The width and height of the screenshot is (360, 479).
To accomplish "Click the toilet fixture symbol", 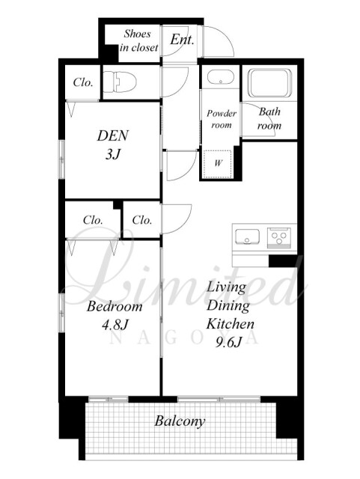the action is tap(120, 82).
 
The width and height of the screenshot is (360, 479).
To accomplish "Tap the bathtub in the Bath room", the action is tap(269, 83).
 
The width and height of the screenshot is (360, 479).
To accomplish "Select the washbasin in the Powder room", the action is tap(220, 77).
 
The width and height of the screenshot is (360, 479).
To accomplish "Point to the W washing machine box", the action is tap(218, 163).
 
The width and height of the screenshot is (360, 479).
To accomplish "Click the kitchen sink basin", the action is tap(247, 237).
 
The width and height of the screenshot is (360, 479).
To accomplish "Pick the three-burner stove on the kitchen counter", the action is tap(279, 238).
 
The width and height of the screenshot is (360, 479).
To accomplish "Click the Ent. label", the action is tap(182, 40).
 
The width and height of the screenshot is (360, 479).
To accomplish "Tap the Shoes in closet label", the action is tap(138, 40).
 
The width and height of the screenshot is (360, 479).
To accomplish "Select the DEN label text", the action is tap(113, 135).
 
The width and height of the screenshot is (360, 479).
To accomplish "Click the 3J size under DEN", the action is tap(113, 155).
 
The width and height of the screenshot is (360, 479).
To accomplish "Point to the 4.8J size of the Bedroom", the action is tap(115, 325).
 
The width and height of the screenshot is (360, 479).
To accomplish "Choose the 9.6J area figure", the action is tap(229, 343).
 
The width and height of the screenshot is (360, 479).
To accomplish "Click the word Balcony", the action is tap(180, 421).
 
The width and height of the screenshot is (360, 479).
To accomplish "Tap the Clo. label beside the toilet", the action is tap(83, 82).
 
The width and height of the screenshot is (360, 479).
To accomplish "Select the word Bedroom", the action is tap(115, 306).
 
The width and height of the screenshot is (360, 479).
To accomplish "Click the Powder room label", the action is tap(222, 119).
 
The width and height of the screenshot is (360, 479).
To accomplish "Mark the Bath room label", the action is tap(269, 118).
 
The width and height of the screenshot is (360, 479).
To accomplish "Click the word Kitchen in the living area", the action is tap(230, 324).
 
